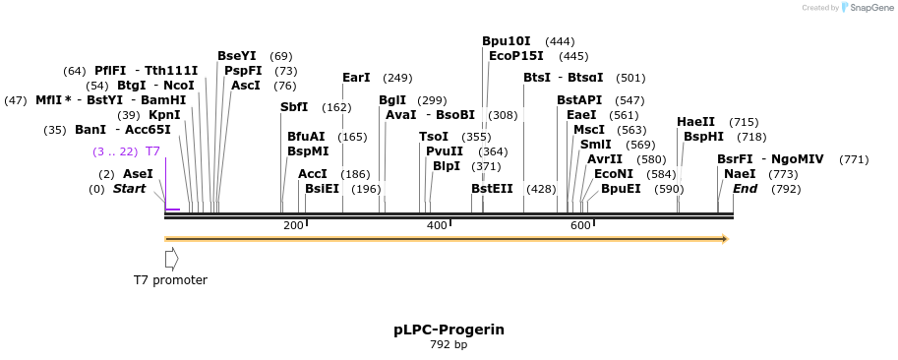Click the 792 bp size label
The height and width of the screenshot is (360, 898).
449,345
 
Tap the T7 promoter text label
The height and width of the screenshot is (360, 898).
170,280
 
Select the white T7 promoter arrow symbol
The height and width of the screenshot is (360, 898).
171,259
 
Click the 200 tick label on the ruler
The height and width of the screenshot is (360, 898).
293,226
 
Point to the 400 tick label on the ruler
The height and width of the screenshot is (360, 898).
437,226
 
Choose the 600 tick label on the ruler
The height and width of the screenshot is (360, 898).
580,226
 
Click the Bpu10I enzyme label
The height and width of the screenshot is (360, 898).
506,41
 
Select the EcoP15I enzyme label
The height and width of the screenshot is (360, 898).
516,56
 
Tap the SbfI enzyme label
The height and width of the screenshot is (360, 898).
294,107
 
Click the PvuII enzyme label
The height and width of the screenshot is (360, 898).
445,151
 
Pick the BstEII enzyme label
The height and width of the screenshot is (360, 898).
492,189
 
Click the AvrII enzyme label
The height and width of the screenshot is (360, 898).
605,159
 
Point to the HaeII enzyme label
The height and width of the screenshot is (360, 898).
695,122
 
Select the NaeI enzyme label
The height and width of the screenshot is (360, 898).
740,174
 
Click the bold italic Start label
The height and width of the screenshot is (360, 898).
129,189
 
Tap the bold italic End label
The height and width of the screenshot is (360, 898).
745,189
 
